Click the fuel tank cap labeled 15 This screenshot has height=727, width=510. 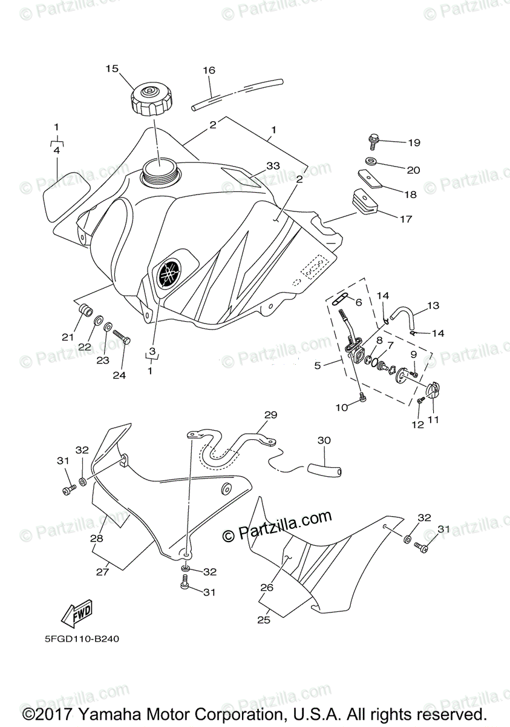(151, 101)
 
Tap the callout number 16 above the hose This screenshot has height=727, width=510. (209, 71)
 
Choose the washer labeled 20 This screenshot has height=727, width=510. (372, 162)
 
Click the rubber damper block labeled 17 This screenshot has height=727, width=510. (362, 202)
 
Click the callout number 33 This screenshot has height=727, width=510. (273, 165)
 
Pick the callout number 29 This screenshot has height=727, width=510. (270, 415)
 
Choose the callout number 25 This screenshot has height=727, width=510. (263, 620)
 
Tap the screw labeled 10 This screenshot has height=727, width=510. (362, 397)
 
